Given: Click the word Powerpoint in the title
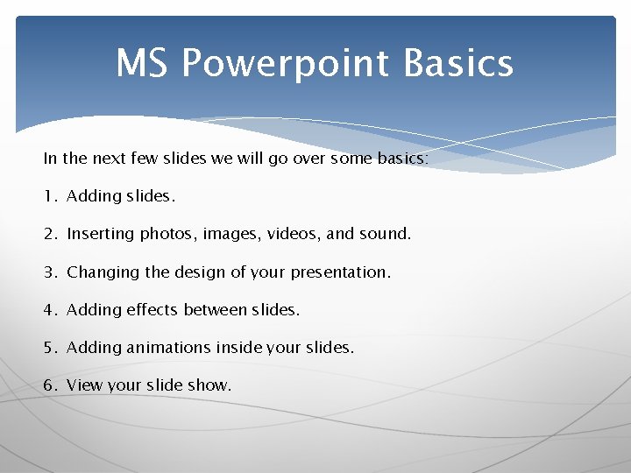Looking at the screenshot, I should [x=285, y=64].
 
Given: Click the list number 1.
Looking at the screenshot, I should [x=49, y=196].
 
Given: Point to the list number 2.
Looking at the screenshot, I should [x=49, y=234].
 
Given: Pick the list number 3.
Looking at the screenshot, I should [x=49, y=272].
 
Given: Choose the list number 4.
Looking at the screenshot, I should [x=49, y=310].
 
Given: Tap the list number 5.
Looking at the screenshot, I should [x=49, y=348].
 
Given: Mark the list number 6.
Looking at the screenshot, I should [x=49, y=385].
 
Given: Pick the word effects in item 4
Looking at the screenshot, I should [x=152, y=310].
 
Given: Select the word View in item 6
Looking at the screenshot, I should [x=85, y=385].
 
